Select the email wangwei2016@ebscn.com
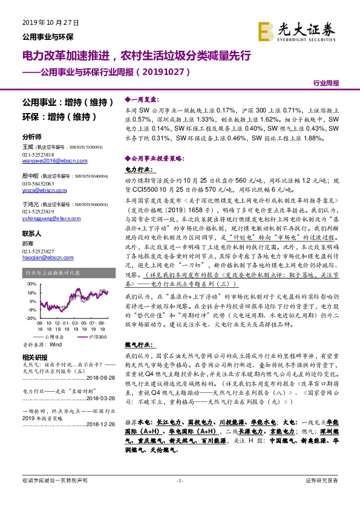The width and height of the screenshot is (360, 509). point(46,160)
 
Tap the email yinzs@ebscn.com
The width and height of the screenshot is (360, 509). point(39,189)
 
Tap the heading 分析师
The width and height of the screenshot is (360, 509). point(31,137)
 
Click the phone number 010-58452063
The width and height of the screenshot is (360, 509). point(38,183)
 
